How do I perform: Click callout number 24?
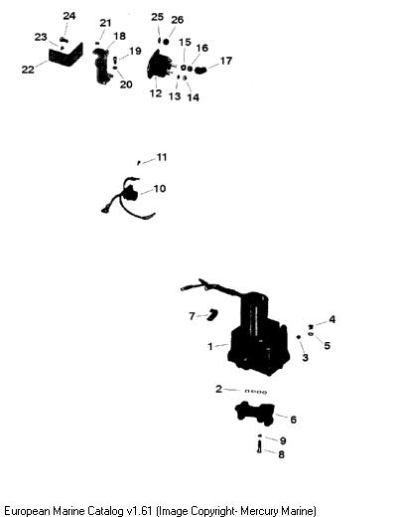click(69, 16)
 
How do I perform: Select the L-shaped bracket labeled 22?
click(66, 56)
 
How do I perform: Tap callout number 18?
click(120, 36)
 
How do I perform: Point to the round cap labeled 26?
click(166, 42)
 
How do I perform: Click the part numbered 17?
click(200, 70)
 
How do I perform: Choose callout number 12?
click(156, 93)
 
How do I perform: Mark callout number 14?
click(194, 97)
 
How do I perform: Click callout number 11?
click(162, 157)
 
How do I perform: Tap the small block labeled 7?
click(211, 314)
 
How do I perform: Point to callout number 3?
click(305, 357)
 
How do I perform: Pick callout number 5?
click(327, 345)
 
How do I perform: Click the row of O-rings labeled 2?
click(256, 392)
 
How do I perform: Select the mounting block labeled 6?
click(255, 413)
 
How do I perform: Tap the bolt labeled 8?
click(259, 445)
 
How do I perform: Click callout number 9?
click(283, 440)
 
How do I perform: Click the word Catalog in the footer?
click(106, 510)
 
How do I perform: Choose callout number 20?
click(126, 85)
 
